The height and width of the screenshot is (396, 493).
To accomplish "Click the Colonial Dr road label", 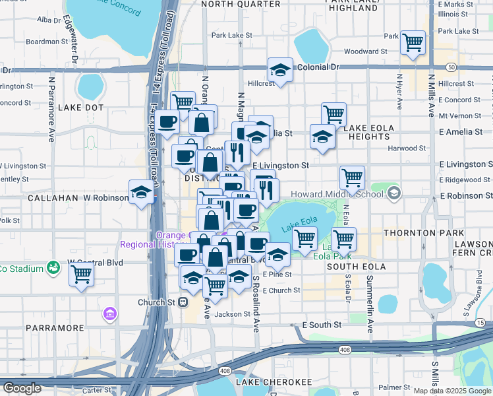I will point(316,67).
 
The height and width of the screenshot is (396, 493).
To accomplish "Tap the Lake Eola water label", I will point(295,226).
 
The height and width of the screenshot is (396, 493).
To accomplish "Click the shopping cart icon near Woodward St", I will point(413,43).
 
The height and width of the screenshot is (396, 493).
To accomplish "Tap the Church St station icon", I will point(183,302).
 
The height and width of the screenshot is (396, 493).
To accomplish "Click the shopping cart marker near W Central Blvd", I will point(82,273).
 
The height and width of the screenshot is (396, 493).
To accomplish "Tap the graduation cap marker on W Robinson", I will point(141,192).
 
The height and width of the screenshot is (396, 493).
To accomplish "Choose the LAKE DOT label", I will point(81,107).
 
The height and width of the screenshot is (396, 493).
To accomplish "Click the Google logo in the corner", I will point(22,388).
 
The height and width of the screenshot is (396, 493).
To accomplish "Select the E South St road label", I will point(322,325).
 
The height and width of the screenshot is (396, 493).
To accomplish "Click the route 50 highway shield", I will point(451,67).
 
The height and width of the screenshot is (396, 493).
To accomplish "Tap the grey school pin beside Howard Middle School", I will point(394,193).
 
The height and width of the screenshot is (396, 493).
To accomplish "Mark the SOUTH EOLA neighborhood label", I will point(355,267).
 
